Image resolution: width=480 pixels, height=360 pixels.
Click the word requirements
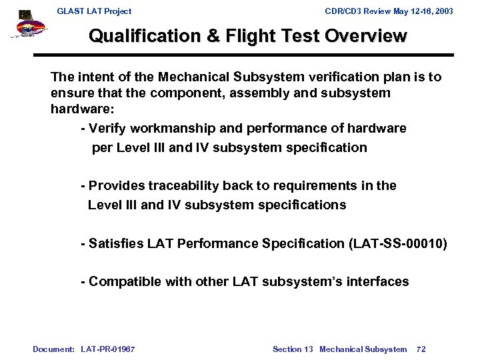[x=320, y=186]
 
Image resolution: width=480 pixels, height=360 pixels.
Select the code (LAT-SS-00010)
[x=398, y=244]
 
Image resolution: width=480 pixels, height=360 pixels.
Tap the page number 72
[x=421, y=349]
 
